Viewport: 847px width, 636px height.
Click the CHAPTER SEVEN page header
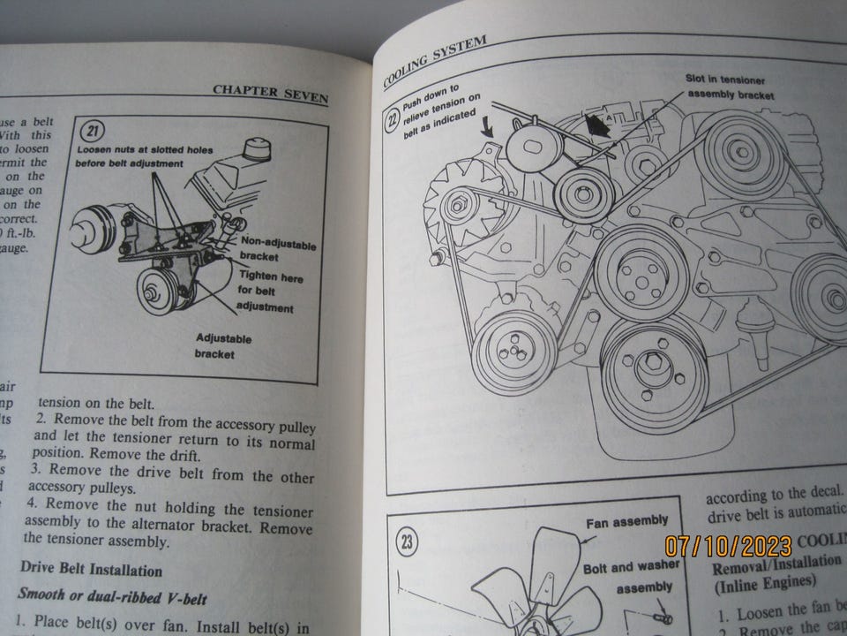(x=270, y=94)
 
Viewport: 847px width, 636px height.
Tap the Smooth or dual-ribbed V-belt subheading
(x=112, y=598)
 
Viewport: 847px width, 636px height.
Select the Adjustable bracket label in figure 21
(x=222, y=346)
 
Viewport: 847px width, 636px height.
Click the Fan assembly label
(x=626, y=521)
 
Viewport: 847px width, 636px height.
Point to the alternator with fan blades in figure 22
(x=457, y=208)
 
